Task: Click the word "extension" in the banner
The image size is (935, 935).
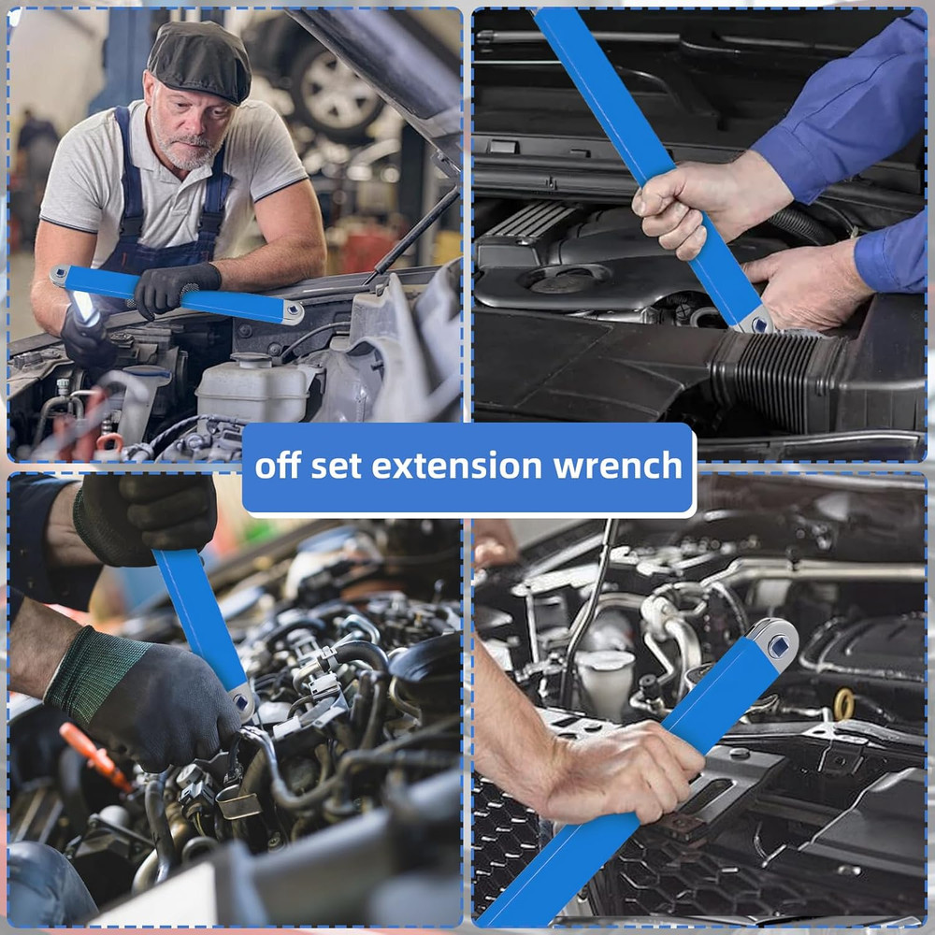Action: tap(465, 466)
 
